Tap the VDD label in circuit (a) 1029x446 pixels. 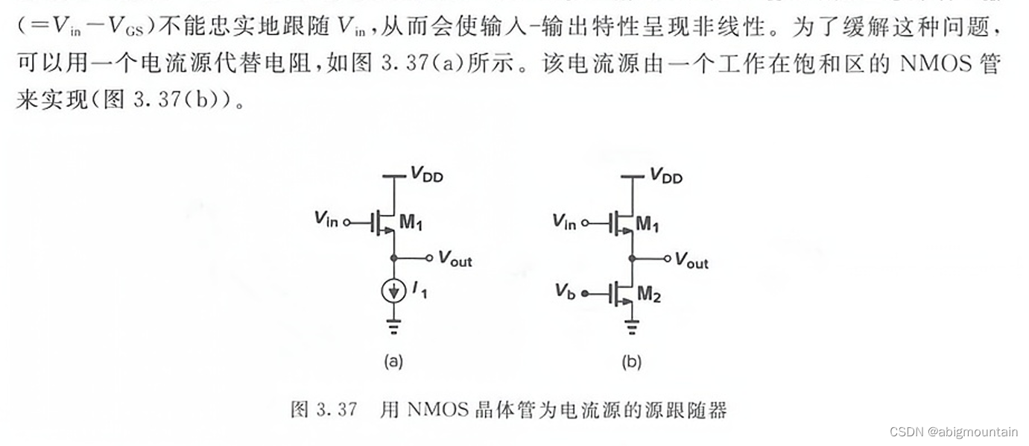pos(426,175)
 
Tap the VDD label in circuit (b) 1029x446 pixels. pos(665,175)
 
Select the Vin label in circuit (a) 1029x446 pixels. pos(326,219)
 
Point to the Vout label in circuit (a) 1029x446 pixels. pos(455,260)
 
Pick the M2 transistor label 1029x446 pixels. pos(649,295)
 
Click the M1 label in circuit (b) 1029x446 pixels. pos(649,224)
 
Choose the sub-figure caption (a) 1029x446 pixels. pos(393,362)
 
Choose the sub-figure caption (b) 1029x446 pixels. pos(631,362)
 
